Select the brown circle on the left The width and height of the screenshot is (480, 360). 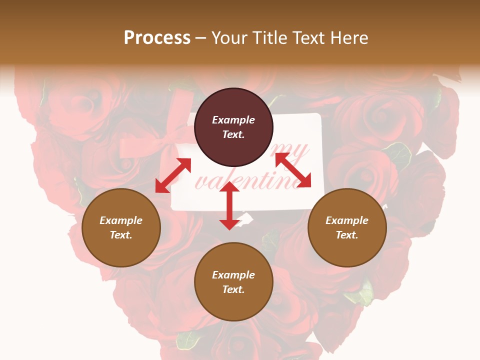[x=121, y=227]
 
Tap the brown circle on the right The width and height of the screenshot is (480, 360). [x=347, y=227]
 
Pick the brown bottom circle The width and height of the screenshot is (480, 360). [x=233, y=281]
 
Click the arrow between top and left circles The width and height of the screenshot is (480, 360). [x=173, y=175]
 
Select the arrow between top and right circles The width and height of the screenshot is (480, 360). [x=293, y=170]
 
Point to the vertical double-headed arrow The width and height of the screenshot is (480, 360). [x=229, y=205]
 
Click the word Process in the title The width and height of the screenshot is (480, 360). [x=157, y=37]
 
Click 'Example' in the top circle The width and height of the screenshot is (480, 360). [x=233, y=120]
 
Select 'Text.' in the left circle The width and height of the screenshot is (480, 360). [x=121, y=235]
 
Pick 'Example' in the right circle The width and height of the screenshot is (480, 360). [x=347, y=220]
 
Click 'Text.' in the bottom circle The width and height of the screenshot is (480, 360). [x=233, y=289]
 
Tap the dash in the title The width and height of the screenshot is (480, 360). [x=201, y=38]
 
